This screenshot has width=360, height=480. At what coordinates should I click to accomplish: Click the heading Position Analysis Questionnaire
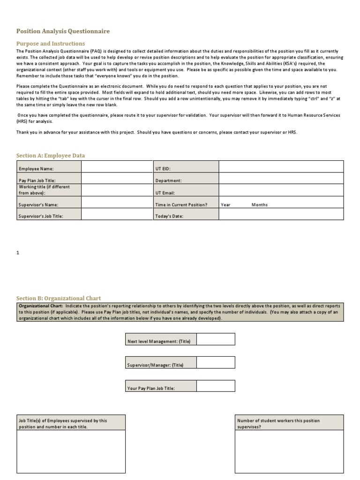click(x=63, y=31)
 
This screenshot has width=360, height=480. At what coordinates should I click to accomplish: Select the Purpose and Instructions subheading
click(x=51, y=43)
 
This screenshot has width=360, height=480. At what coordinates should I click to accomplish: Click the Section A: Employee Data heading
click(x=51, y=155)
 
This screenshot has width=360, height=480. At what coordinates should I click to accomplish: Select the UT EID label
click(x=164, y=168)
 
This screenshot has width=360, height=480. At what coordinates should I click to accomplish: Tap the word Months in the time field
click(x=259, y=204)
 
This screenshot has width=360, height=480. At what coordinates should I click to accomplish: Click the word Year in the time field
click(x=226, y=204)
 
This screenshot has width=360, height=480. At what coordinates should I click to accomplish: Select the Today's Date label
click(x=169, y=216)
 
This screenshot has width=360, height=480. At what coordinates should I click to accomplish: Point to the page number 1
click(x=18, y=253)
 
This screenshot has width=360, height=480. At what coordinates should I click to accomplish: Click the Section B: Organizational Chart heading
click(x=59, y=298)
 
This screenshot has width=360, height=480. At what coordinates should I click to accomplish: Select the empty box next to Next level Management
click(x=216, y=339)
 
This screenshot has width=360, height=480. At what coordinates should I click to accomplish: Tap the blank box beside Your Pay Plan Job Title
click(x=216, y=386)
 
